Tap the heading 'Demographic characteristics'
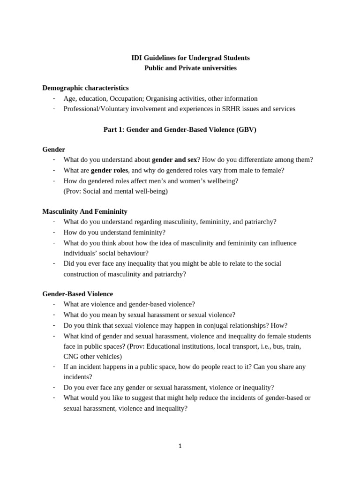point(85,88)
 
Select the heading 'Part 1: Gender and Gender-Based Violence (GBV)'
point(180,129)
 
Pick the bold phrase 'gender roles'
point(109,171)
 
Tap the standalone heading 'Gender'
point(53,150)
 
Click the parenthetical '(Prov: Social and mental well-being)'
point(115,191)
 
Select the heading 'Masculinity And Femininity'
point(84,211)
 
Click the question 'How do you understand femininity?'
point(114,232)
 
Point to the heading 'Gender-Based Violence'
point(77,294)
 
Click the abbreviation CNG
point(71,356)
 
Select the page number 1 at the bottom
point(180,446)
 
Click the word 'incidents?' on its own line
point(78,377)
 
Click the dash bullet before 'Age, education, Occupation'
point(54,98)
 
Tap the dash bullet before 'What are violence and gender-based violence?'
point(54,304)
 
